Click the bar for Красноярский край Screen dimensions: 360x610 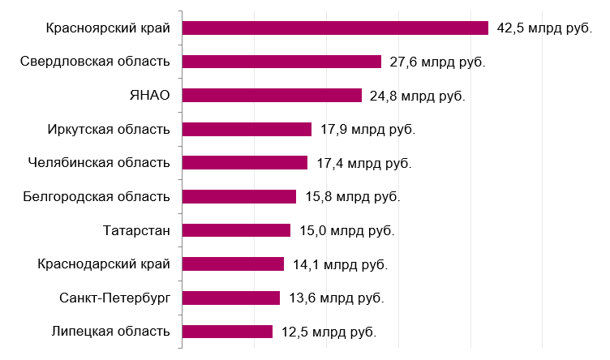point(335,28)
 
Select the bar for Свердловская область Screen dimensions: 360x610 point(281,62)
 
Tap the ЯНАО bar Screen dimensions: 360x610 point(272,96)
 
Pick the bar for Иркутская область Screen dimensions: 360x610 point(247,129)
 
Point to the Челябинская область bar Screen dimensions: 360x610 point(245,163)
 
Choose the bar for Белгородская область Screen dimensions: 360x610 point(239,196)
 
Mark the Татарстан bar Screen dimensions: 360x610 point(236,230)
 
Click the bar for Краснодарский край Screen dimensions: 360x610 point(233,264)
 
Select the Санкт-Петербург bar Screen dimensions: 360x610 point(231,298)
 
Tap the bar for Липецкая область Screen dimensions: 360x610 point(227,331)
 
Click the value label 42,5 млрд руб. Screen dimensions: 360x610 point(544,28)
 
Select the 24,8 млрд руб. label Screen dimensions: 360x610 point(417,96)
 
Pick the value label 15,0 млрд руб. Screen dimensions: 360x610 point(346,230)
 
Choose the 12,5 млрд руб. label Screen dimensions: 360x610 point(329,331)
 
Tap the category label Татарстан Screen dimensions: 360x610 point(137,230)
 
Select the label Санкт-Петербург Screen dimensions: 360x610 point(114,298)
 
